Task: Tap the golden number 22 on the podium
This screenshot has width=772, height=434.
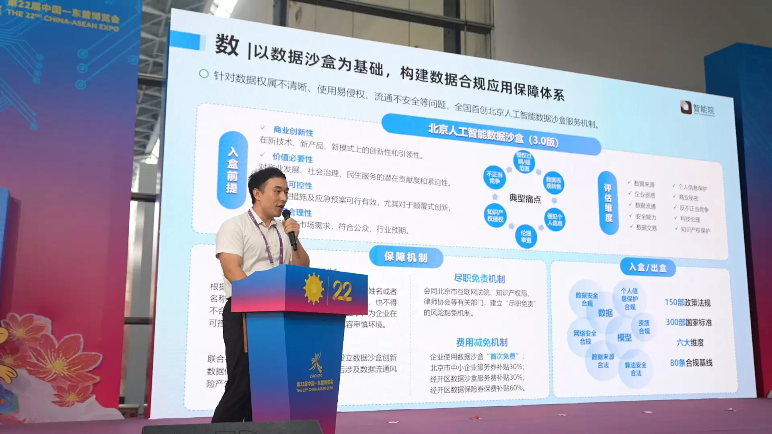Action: point(342,291)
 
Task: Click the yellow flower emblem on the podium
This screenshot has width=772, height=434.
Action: point(314,289)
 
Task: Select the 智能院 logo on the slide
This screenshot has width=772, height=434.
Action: point(697,108)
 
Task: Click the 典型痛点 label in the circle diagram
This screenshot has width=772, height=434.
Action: point(525,198)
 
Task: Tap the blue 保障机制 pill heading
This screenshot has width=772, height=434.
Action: point(406,257)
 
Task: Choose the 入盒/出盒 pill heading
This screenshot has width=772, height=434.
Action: point(647,267)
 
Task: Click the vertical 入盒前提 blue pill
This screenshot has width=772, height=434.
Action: point(232,170)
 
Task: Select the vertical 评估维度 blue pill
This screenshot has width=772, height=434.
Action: point(608,203)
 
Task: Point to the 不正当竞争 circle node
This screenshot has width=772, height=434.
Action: point(494,177)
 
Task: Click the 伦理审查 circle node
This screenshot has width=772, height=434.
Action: point(526,236)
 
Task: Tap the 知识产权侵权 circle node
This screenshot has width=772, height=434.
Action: point(495,215)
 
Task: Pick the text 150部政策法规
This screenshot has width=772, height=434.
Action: point(688,303)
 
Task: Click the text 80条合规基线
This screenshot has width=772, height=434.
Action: point(691,363)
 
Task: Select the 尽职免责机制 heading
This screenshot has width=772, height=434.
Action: point(479,278)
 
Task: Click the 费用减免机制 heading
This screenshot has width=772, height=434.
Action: point(482,342)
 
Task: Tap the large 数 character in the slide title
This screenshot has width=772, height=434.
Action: point(227,45)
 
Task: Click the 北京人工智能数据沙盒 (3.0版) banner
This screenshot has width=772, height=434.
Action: point(493,136)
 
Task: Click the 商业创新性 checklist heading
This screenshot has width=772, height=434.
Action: point(293,131)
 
